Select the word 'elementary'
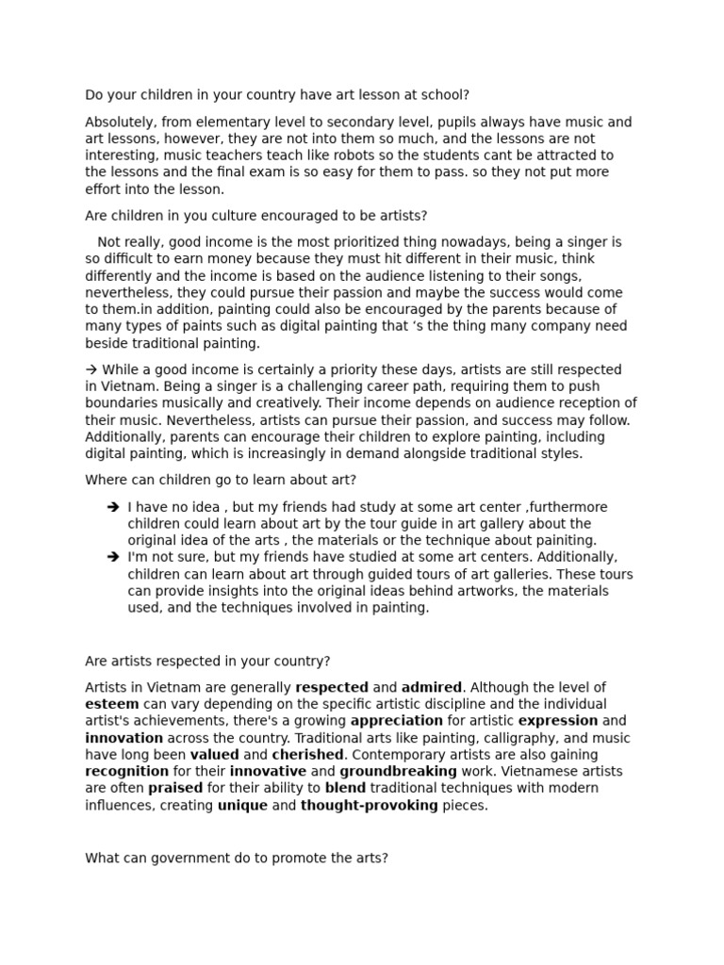click(x=218, y=123)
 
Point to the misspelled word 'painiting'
click(x=565, y=541)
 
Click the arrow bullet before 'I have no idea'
click(x=113, y=507)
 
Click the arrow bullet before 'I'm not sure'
click(x=113, y=558)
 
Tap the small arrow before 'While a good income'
click(x=91, y=370)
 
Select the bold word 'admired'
click(x=431, y=688)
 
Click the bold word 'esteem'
click(x=112, y=705)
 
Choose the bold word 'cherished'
click(x=307, y=756)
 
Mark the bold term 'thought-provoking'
click(x=369, y=807)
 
